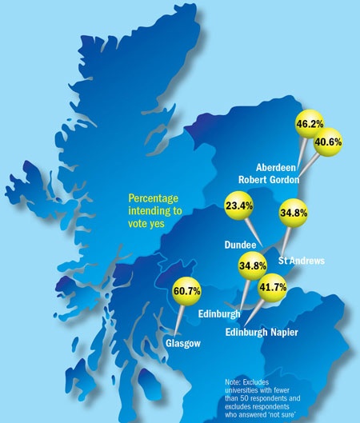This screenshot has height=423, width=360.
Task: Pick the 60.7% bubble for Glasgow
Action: coord(189,293)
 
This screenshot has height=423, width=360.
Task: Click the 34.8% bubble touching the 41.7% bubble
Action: coord(253,265)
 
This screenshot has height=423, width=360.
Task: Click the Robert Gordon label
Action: coord(268,180)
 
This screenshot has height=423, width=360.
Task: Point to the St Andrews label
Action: coord(300,260)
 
